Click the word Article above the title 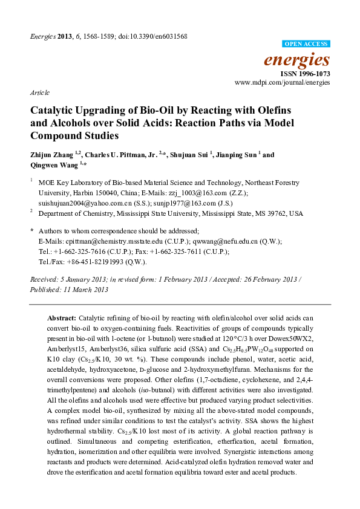[39, 94]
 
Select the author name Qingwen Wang [52, 164]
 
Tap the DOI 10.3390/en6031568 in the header [158, 36]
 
